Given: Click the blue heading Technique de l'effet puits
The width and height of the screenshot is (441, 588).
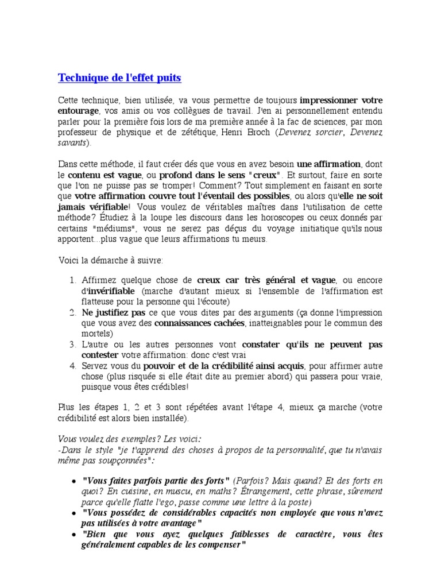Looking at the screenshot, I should [x=119, y=77].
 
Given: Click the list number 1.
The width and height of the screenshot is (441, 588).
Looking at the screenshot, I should [x=72, y=280].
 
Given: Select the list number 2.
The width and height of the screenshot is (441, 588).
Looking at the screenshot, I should [x=72, y=312].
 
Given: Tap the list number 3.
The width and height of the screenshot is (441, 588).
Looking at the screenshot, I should [x=72, y=345].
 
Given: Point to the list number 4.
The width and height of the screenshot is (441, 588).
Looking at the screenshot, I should [x=72, y=365].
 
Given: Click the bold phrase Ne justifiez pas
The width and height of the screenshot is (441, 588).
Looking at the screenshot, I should [x=113, y=312].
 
